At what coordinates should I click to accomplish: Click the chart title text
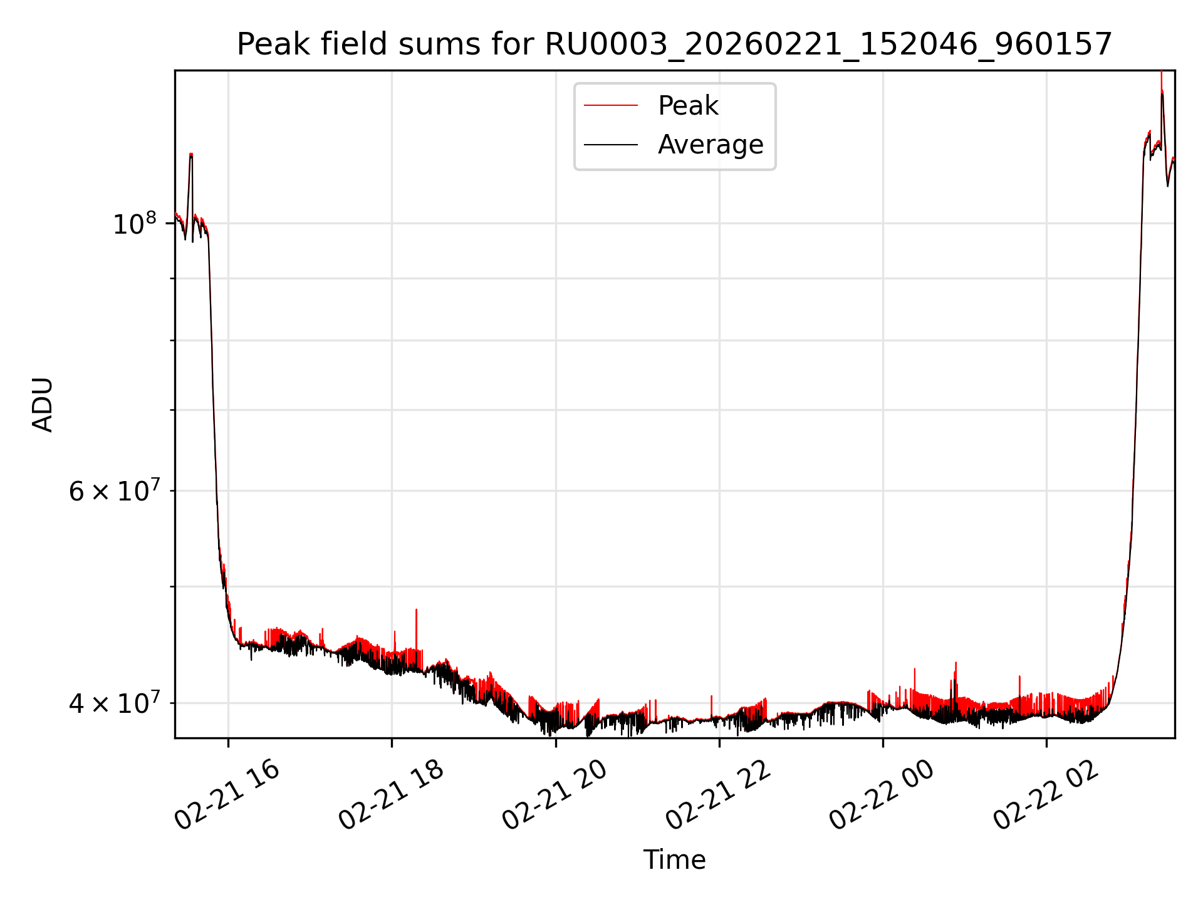click(x=674, y=44)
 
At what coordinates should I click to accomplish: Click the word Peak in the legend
click(x=688, y=106)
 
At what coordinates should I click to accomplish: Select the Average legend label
click(x=711, y=145)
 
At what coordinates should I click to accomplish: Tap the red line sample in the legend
click(x=611, y=106)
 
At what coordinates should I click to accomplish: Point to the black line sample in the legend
click(x=611, y=145)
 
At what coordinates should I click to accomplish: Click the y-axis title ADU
click(x=43, y=405)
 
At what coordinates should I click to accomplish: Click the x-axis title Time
click(x=674, y=860)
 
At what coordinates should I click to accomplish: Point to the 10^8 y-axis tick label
click(x=134, y=224)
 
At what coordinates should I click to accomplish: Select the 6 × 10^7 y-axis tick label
click(x=114, y=491)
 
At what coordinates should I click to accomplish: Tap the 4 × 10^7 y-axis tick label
click(x=114, y=703)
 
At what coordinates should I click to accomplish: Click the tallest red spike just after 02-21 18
click(x=416, y=611)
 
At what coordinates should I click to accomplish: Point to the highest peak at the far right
click(x=1162, y=74)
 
